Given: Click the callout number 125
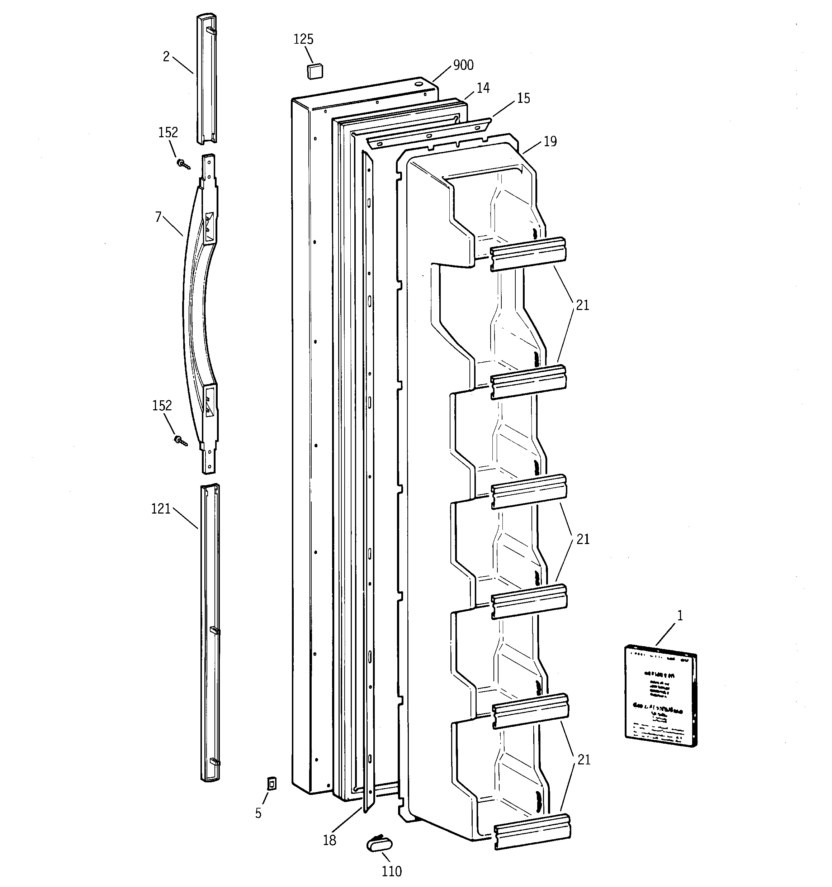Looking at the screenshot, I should pyautogui.click(x=303, y=39).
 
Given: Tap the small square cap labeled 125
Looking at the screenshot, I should pyautogui.click(x=315, y=71).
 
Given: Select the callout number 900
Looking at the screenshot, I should pyautogui.click(x=463, y=65).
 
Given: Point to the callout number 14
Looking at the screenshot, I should pyautogui.click(x=483, y=88).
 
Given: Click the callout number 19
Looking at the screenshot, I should pyautogui.click(x=550, y=142).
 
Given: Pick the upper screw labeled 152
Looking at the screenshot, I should pyautogui.click(x=183, y=164).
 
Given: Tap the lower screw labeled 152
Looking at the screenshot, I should pyautogui.click(x=180, y=441).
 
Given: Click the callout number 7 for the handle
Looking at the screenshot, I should pyautogui.click(x=158, y=217).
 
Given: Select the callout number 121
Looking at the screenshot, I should pyautogui.click(x=161, y=509).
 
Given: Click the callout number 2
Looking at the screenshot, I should pyautogui.click(x=166, y=57).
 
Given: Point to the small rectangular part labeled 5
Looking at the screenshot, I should pyautogui.click(x=271, y=783).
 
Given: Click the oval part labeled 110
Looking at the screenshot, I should pyautogui.click(x=379, y=844).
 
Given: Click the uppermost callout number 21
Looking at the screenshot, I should pyautogui.click(x=582, y=306).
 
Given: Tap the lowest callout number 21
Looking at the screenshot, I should pyautogui.click(x=584, y=760).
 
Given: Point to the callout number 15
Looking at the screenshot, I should pyautogui.click(x=523, y=98).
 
